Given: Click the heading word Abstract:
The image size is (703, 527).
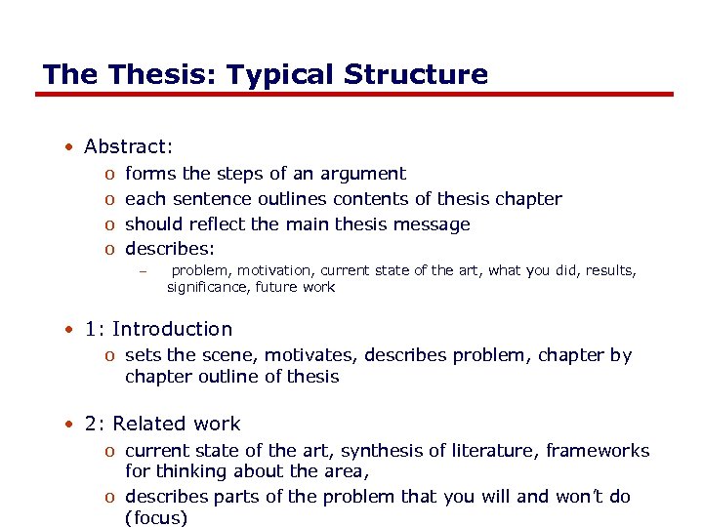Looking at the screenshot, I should point(128,146).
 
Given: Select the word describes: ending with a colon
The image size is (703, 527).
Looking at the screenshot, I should point(170,250).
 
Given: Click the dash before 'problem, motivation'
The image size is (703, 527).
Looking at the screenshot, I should point(142,270).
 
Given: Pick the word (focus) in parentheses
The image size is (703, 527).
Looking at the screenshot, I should point(155,517).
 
